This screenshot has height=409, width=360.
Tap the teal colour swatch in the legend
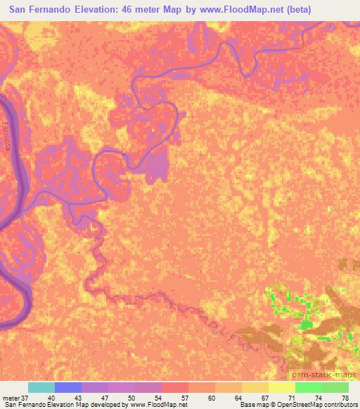tap(41, 387)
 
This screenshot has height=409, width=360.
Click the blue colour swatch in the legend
tap(68, 387)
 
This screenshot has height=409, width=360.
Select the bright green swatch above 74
tap(308, 387)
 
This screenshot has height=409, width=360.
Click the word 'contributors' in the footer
tap(335, 405)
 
